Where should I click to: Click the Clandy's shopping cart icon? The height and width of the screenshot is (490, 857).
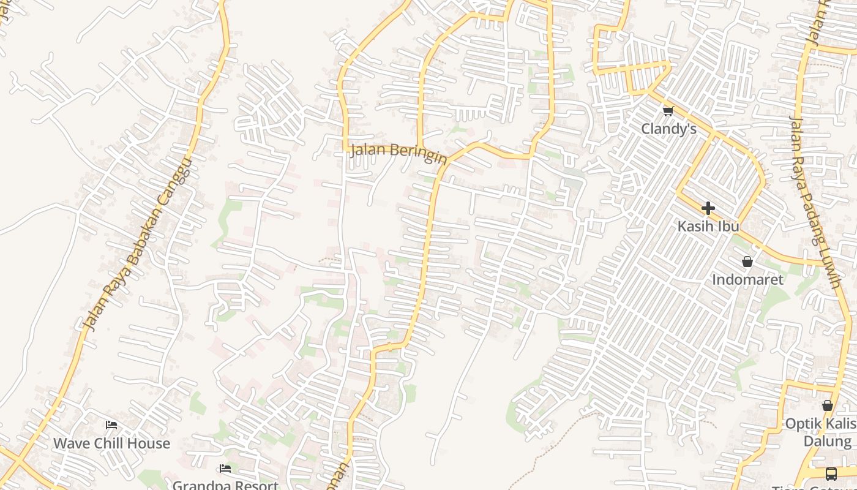click(668, 111)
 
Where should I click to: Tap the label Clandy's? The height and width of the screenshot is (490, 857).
click(668, 129)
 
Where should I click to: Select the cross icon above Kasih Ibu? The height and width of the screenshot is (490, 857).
click(708, 208)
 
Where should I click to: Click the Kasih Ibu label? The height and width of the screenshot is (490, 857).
click(708, 226)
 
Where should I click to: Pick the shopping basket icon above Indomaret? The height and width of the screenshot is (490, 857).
click(747, 262)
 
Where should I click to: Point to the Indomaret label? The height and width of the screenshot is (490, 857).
click(747, 280)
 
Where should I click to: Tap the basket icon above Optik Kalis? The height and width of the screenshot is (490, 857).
click(828, 405)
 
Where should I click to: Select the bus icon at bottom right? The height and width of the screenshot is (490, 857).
click(831, 473)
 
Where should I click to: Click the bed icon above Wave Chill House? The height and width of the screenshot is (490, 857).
click(111, 424)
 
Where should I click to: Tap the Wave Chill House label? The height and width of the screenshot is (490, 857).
click(111, 443)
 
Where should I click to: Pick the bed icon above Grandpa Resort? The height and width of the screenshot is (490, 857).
click(225, 469)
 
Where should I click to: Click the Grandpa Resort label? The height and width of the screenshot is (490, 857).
click(225, 484)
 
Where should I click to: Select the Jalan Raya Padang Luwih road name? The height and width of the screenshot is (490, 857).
click(815, 202)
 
